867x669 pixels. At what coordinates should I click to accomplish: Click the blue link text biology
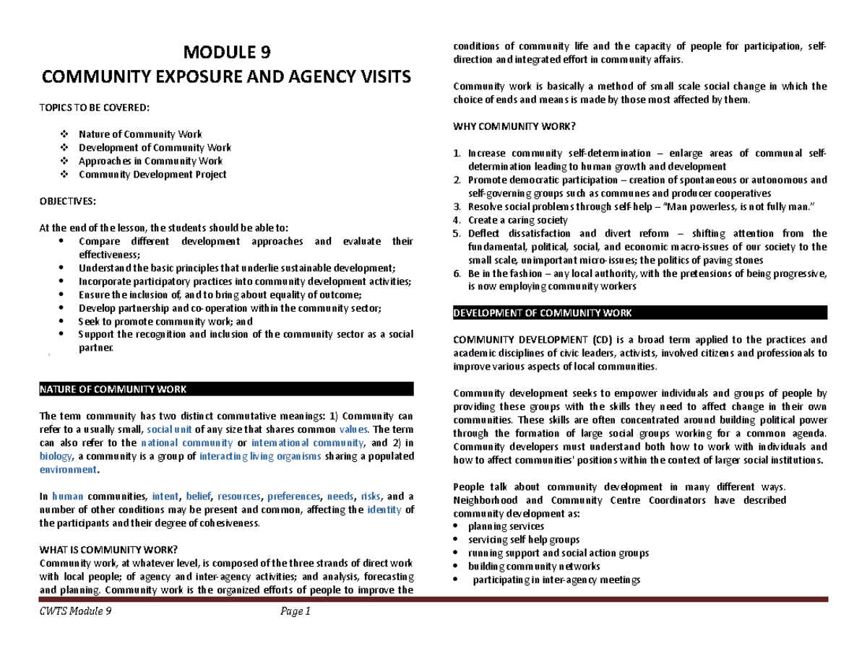(x=56, y=456)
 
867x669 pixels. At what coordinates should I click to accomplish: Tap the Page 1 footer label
(x=295, y=613)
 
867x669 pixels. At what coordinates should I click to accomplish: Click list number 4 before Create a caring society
(x=455, y=220)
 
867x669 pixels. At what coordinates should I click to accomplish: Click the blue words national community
(x=186, y=443)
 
